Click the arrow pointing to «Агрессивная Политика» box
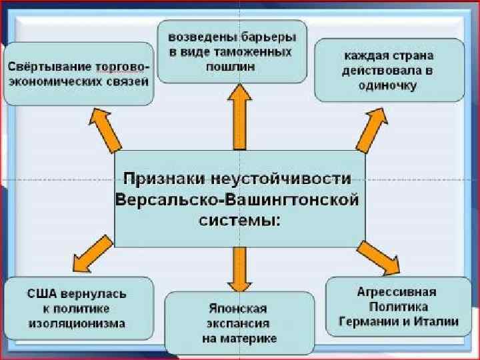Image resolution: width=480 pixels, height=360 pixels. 378,256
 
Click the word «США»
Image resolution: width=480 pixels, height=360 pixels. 42,293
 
